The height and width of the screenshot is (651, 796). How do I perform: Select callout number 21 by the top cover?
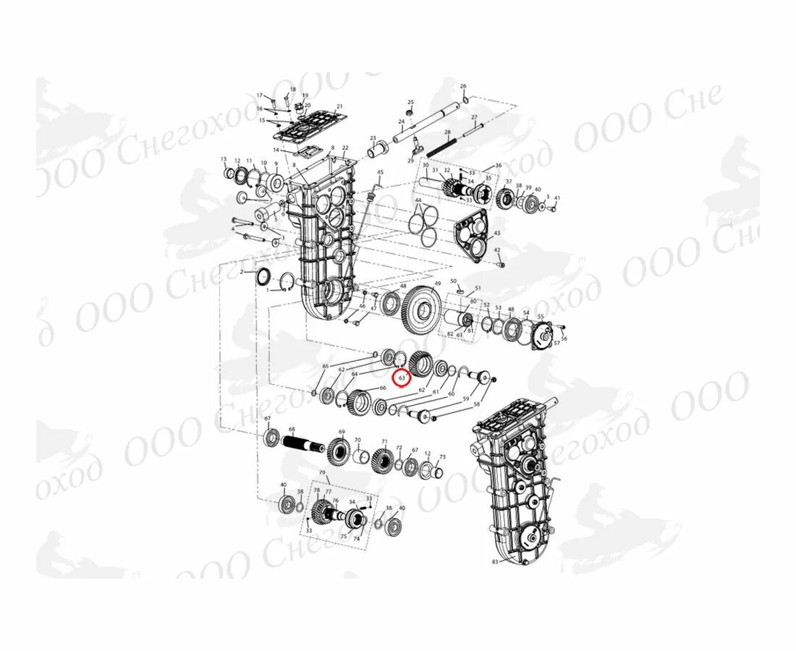339,107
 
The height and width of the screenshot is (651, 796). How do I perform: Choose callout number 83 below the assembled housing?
495,561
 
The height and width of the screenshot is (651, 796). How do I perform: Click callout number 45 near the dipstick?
380,172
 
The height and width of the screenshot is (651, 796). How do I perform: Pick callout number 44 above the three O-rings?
418,200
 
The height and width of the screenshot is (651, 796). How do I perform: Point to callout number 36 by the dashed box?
498,166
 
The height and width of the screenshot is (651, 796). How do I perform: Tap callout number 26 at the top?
463,86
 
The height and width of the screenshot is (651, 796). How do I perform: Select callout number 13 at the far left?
224,159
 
